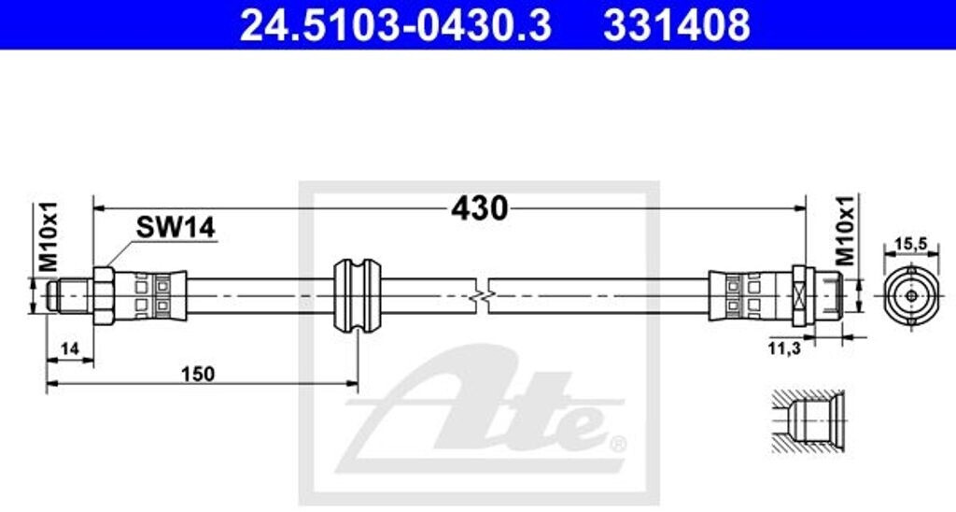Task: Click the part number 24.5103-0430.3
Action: point(395,25)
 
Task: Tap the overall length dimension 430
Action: point(479,207)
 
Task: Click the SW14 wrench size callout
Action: point(176,227)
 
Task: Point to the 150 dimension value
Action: point(198,374)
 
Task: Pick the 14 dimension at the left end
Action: point(69,349)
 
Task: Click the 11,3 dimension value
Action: point(783,349)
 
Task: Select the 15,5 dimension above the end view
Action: point(911,245)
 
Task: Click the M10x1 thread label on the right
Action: point(845,230)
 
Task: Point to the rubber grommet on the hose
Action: point(357,293)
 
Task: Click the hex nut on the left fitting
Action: point(103,294)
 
